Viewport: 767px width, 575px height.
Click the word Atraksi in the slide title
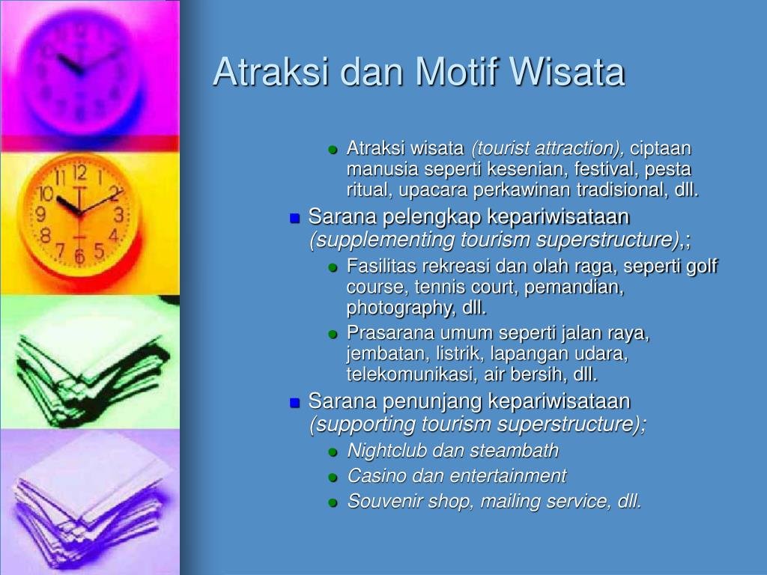click(270, 72)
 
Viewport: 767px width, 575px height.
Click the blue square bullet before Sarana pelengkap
click(294, 218)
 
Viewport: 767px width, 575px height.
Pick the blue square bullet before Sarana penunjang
click(294, 402)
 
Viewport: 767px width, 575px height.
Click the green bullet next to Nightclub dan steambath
click(333, 452)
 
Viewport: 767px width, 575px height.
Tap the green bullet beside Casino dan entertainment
click(333, 477)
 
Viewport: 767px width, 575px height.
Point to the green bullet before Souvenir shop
click(333, 502)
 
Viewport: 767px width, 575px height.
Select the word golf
click(701, 267)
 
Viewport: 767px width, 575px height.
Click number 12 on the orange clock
click(79, 173)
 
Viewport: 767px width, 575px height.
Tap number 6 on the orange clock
click(79, 256)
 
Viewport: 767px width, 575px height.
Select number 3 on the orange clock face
click(118, 214)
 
